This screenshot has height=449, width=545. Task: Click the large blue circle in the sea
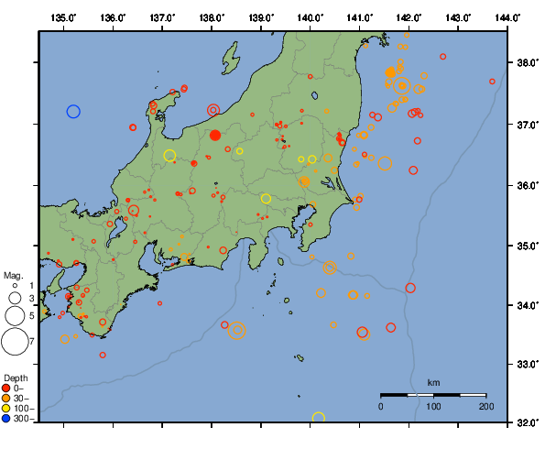pyautogui.click(x=74, y=112)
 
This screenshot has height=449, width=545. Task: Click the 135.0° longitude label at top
pyautogui.click(x=64, y=17)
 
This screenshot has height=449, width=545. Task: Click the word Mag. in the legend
pyautogui.click(x=13, y=275)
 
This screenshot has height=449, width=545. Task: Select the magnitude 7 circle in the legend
pyautogui.click(x=14, y=342)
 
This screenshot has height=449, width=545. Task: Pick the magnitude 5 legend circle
pyautogui.click(x=14, y=315)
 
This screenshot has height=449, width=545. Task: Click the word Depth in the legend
pyautogui.click(x=16, y=378)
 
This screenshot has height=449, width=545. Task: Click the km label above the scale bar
pyautogui.click(x=433, y=382)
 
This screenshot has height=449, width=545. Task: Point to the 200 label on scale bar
pyautogui.click(x=485, y=406)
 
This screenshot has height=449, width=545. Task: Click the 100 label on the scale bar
pyautogui.click(x=433, y=406)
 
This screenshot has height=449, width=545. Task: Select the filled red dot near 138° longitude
pyautogui.click(x=215, y=135)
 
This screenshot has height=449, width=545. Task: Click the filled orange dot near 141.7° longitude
pyautogui.click(x=390, y=72)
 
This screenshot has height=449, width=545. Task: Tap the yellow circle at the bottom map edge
pyautogui.click(x=319, y=419)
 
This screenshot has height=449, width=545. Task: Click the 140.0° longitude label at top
pyautogui.click(x=310, y=17)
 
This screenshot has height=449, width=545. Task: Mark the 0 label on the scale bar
pyautogui.click(x=381, y=406)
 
